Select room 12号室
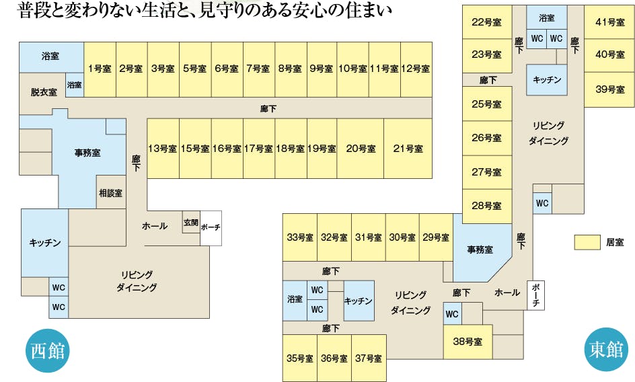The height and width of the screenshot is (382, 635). coord(416,69)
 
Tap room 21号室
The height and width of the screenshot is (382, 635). coord(408,149)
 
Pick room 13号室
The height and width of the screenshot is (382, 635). coord(163,149)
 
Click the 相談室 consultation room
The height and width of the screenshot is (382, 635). coord(111,193)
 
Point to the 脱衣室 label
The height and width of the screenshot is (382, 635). coord(43,92)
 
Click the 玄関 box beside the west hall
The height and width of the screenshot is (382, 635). coord(190,223)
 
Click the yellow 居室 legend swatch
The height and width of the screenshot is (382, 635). coord(587,241)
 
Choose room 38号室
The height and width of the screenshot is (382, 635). coord(468,342)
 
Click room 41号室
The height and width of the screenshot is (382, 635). coord(609,22)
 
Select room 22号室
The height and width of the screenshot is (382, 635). coord(486,22)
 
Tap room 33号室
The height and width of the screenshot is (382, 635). coord(300,237)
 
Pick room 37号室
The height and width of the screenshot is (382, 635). coord(369,358)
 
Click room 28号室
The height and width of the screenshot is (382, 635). coord(486,205)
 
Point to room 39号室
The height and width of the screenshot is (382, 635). coord(609,89)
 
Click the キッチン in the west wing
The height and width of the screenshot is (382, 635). coord(45,243)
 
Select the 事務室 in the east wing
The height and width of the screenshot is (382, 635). coord(480,250)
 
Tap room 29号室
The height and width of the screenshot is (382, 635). coord(436,237)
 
